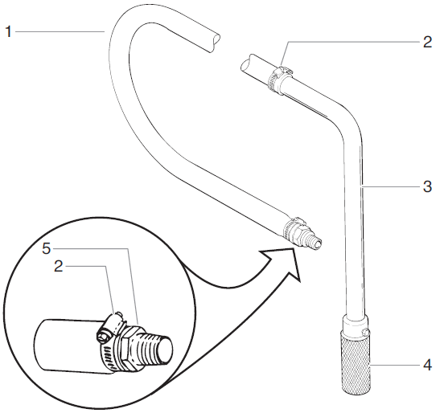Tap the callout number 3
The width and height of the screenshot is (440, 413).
(428, 188)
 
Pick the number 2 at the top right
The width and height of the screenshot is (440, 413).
(428, 43)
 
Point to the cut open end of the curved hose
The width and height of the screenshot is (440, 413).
(211, 39)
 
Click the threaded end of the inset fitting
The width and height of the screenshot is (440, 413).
(160, 341)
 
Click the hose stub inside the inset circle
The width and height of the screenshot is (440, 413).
(64, 344)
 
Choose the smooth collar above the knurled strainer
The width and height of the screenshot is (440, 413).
(356, 327)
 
